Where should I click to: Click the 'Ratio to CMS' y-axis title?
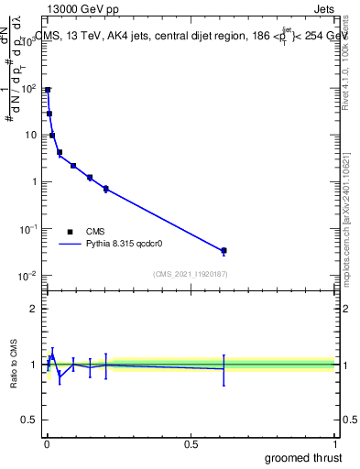pyautogui.click(x=15, y=365)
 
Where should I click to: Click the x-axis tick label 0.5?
pyautogui.click(x=191, y=444)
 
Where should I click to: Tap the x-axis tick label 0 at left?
pyautogui.click(x=46, y=444)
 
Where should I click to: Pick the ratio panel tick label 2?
pyautogui.click(x=34, y=309)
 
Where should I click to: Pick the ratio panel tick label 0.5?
pyautogui.click(x=29, y=421)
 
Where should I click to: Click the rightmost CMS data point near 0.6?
pyautogui.click(x=224, y=250)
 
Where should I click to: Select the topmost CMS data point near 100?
pyautogui.click(x=48, y=90)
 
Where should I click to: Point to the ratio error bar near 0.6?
pyautogui.click(x=224, y=368)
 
